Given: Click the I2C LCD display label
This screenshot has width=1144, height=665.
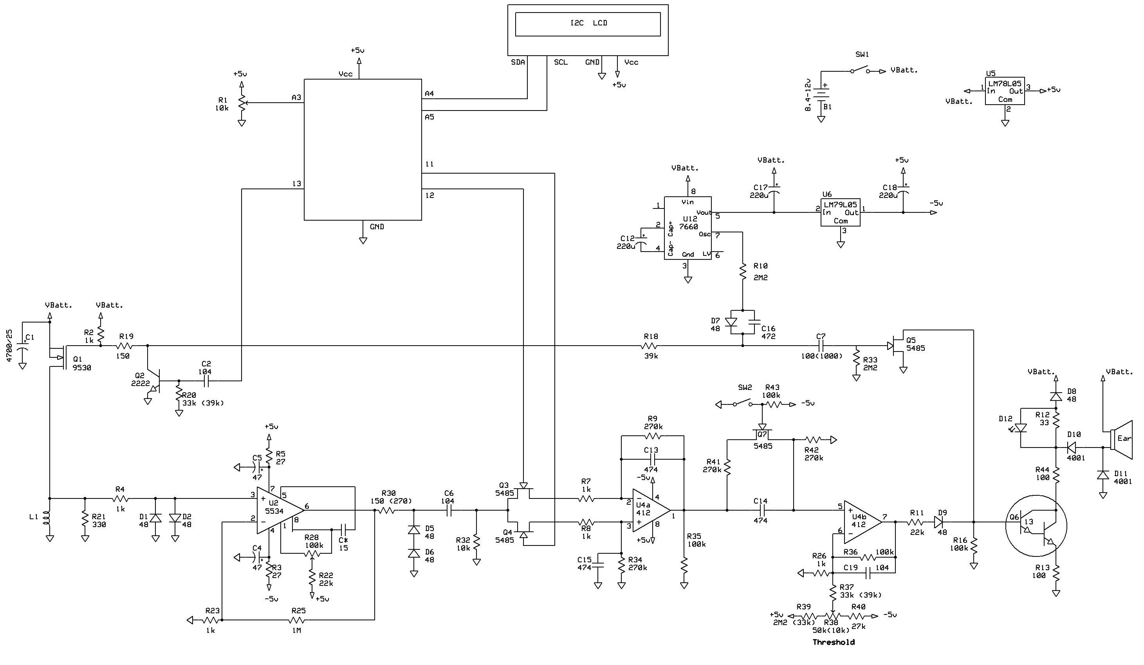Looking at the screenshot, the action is [x=588, y=23].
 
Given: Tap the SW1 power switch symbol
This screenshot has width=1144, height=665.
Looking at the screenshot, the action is [x=859, y=71].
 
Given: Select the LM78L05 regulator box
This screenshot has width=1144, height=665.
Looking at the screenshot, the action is [x=1005, y=91].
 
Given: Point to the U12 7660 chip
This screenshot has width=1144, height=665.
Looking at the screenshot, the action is [x=687, y=228].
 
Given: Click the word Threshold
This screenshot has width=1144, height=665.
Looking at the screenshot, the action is [x=834, y=642].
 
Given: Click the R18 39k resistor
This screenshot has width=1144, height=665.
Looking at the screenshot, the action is [x=651, y=346].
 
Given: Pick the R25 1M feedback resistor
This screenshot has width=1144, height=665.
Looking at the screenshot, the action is [x=298, y=620].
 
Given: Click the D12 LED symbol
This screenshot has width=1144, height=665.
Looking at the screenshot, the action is [x=1021, y=428].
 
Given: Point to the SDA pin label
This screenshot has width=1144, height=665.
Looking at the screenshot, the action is [x=518, y=62].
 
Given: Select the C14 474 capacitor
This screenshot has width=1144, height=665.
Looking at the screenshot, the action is [x=760, y=510].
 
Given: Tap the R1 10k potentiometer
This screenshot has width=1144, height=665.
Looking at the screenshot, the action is [x=242, y=102].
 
